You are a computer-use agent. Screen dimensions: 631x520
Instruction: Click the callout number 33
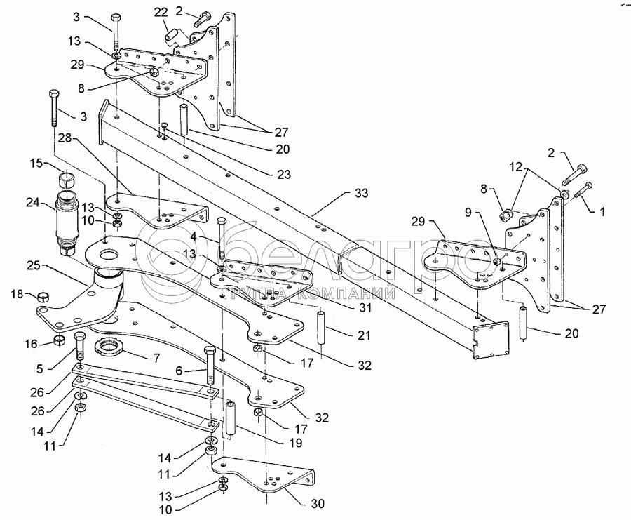click(361, 194)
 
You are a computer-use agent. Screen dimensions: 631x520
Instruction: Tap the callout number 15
click(36, 164)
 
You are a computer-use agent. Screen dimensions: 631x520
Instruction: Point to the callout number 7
click(156, 357)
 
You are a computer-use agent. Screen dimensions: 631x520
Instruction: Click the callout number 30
click(318, 504)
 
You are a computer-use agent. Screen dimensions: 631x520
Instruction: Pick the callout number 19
click(295, 443)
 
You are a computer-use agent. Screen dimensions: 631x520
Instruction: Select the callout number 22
click(161, 13)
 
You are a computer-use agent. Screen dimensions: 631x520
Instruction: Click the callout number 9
click(468, 212)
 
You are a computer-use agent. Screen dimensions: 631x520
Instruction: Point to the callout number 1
click(602, 211)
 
